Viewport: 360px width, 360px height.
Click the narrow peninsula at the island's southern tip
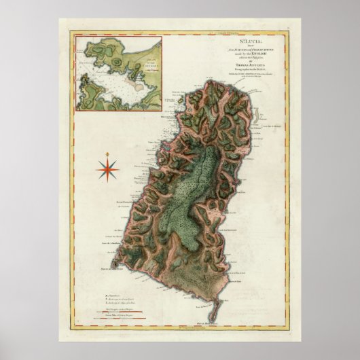click(212, 309)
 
